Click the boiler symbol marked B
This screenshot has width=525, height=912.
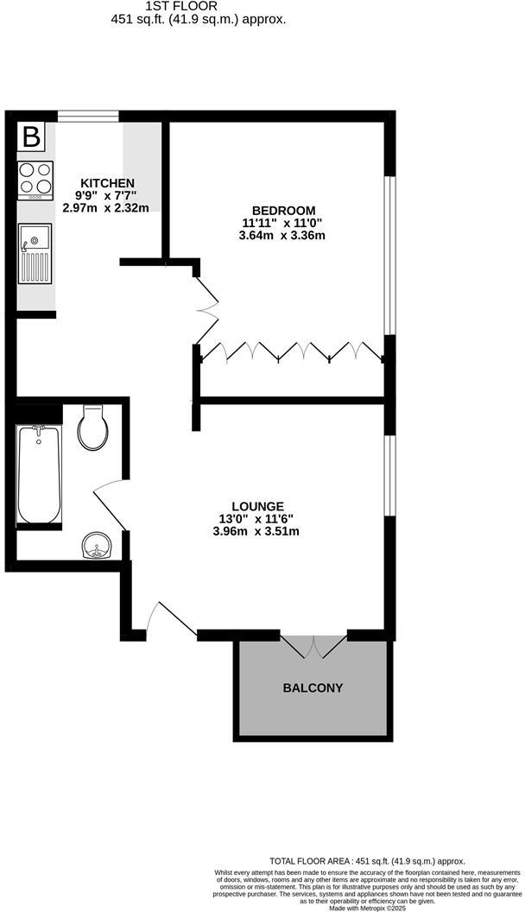tap(31, 137)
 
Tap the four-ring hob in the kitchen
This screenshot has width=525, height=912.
tap(35, 178)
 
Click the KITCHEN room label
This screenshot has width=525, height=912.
tap(107, 183)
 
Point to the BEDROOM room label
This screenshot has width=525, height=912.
tap(283, 211)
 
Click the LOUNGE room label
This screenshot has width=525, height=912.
tap(257, 506)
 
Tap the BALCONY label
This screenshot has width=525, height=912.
tap(313, 688)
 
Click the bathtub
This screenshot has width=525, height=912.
tap(39, 474)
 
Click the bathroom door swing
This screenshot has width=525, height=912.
tap(109, 501)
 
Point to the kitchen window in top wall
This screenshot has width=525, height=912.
tap(87, 116)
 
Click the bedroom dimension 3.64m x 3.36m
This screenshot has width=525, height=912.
tap(283, 236)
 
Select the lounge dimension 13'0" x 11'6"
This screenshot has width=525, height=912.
tap(257, 519)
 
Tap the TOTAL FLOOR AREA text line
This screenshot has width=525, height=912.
tap(367, 860)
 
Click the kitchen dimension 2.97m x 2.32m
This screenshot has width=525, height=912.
tap(106, 208)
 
